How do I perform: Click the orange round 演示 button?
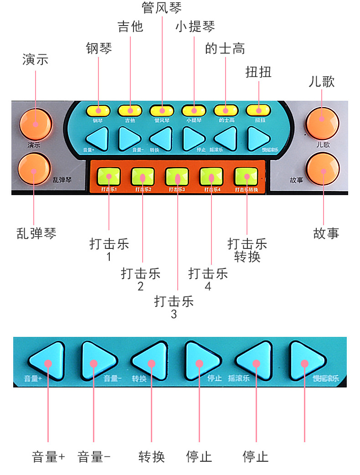coord(35,123)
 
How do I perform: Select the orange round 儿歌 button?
coord(322,120)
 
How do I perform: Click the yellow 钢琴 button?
coord(98,110)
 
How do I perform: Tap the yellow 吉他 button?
coord(130,110)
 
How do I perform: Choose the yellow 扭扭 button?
coord(259,110)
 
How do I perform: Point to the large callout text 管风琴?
coord(161,8)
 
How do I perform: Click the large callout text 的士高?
coord(225,49)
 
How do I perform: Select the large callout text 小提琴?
coord(195,26)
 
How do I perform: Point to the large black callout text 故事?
coord(326,233)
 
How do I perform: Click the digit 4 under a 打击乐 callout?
coord(208,286)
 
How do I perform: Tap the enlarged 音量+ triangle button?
coord(47,362)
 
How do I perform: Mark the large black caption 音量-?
coord(94,457)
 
